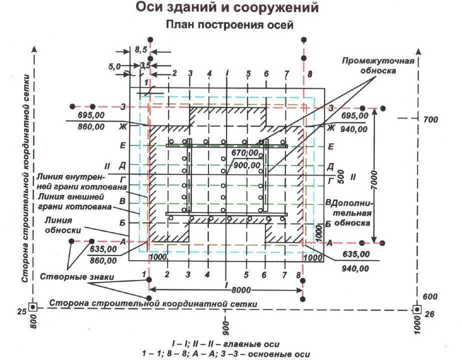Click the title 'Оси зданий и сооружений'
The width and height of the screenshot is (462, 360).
[227, 8]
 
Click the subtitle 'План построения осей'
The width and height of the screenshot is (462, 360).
[228, 25]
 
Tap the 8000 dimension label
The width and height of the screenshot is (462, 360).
[240, 289]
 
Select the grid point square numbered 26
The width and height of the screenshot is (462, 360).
[416, 309]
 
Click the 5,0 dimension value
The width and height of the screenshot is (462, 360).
[114, 66]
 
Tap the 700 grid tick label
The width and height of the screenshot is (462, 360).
[430, 119]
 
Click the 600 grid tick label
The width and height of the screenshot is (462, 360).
[429, 296]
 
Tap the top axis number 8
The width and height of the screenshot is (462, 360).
[309, 74]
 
